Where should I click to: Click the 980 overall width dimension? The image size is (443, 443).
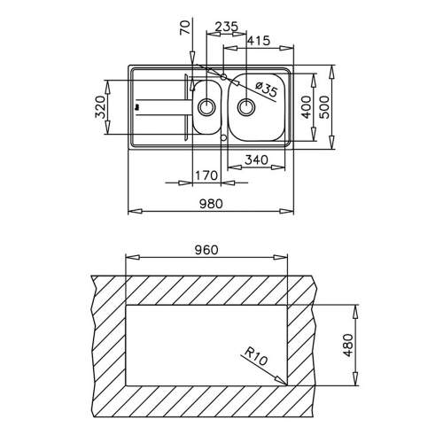pyautogui.click(x=211, y=204)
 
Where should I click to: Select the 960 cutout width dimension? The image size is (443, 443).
pyautogui.click(x=206, y=250)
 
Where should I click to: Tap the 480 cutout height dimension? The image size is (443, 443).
pyautogui.click(x=348, y=345)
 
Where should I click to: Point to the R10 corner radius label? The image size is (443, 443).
pyautogui.click(x=255, y=356)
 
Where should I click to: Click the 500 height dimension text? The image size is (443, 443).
pyautogui.click(x=324, y=106)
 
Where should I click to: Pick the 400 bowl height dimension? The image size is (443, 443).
pyautogui.click(x=307, y=106)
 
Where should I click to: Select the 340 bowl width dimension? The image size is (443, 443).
pyautogui.click(x=256, y=160)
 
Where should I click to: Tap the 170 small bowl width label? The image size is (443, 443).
pyautogui.click(x=206, y=175)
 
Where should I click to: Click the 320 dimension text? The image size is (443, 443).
pyautogui.click(x=100, y=106)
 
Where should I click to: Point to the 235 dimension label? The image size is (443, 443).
pyautogui.click(x=226, y=27)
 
